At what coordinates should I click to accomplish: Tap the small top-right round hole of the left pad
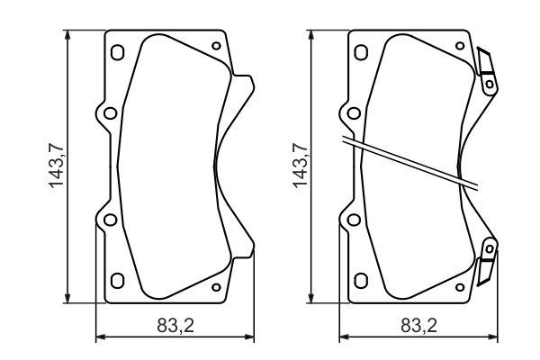pyautogui.click(x=215, y=47)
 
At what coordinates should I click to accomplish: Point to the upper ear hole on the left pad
pyautogui.click(x=110, y=114)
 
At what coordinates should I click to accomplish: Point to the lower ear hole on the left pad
pyautogui.click(x=110, y=219)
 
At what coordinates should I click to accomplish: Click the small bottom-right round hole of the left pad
pyautogui.click(x=215, y=287)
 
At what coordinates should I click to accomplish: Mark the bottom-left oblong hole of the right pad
pyautogui.click(x=360, y=281)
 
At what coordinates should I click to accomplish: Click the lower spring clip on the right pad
pyautogui.click(x=487, y=258)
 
